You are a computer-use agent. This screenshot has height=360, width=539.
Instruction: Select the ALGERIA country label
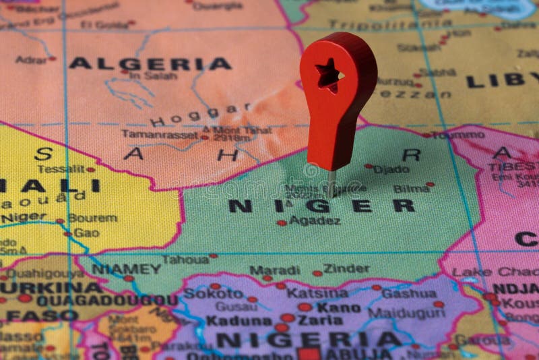point(150,64)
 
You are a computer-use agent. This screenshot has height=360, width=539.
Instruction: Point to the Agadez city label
point(314,220)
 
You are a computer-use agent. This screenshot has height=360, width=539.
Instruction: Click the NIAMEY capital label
point(126,269)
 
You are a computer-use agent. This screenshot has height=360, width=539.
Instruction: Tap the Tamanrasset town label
point(160,134)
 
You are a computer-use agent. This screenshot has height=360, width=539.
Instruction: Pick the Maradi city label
point(274,270)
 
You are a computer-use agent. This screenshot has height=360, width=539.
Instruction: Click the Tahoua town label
point(185,260)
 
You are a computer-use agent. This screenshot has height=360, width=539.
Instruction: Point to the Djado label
point(391,169)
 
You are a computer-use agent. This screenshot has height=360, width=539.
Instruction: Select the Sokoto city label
point(213,293)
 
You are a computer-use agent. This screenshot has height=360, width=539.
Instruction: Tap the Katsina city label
point(317,293)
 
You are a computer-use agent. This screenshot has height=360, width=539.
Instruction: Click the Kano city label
point(339,307)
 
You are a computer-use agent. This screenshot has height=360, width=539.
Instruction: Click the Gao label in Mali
point(86,233)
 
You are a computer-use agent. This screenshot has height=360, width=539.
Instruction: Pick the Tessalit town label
point(61,169)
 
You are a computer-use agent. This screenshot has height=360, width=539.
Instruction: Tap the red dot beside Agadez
point(282,222)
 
